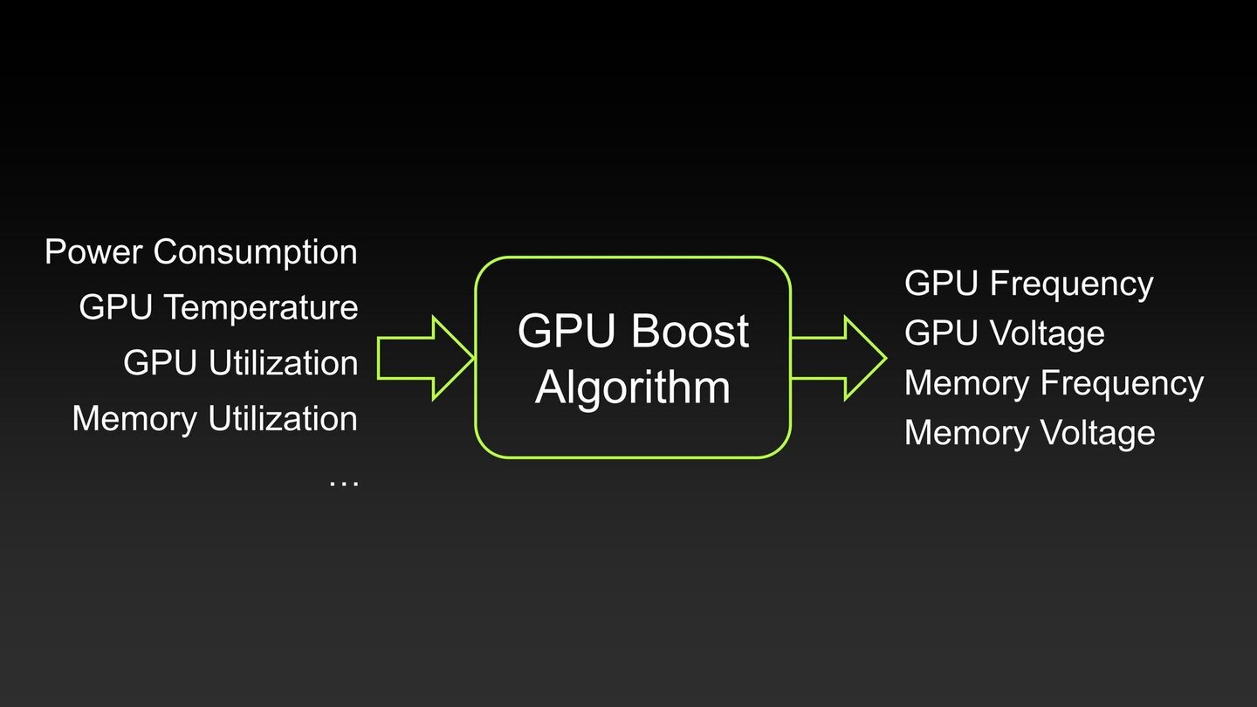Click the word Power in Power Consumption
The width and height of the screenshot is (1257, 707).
(x=95, y=252)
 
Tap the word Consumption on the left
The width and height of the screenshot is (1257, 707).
(x=256, y=252)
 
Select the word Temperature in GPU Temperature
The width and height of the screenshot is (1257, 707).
(x=261, y=308)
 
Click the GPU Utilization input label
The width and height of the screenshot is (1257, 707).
(x=240, y=363)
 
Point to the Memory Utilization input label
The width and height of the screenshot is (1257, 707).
(x=215, y=419)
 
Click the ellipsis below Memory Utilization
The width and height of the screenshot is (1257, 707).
(x=343, y=479)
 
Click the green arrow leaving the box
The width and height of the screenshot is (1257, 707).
(x=837, y=358)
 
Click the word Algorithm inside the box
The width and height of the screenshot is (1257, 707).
(x=633, y=387)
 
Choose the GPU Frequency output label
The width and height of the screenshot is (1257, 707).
(x=1028, y=284)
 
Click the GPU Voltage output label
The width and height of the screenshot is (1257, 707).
(x=1004, y=333)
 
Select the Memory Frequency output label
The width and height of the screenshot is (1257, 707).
(x=1054, y=383)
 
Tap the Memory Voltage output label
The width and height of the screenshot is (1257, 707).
(x=1029, y=433)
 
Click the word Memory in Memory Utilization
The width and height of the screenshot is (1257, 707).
(x=135, y=419)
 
